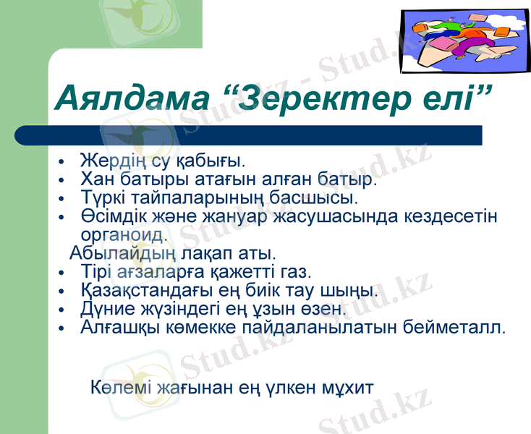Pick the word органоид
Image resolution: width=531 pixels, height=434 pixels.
[123, 234]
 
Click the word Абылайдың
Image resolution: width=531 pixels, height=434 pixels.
[106, 254]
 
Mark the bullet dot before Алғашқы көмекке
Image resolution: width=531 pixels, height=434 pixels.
[63, 328]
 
